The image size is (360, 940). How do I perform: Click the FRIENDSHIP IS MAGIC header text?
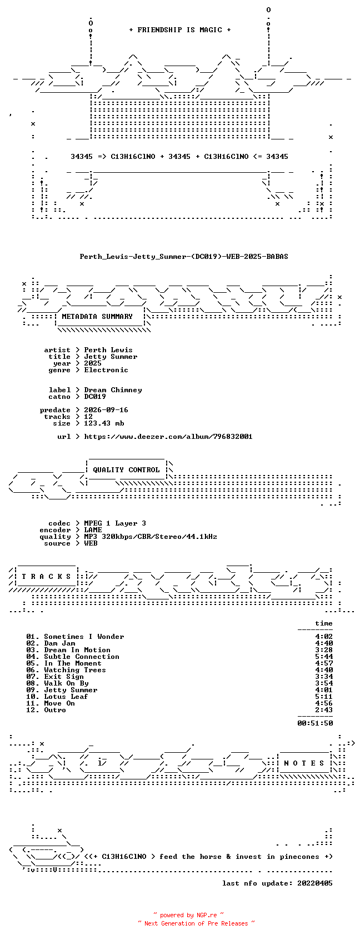tap(180, 30)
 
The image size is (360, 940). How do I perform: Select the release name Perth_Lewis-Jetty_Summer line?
tap(184, 257)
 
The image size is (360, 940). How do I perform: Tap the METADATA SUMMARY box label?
tap(97, 317)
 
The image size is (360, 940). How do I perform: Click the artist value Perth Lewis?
tap(108, 349)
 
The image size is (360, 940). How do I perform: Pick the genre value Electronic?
tap(106, 369)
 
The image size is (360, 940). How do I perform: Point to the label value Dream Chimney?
tap(113, 390)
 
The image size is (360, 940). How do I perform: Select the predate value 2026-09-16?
tap(106, 409)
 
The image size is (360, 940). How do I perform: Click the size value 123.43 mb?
tap(104, 423)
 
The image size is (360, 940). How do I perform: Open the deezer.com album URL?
tap(168, 437)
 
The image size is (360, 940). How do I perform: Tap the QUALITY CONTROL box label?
tap(126, 470)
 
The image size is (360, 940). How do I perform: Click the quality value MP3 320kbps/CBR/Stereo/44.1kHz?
tap(151, 536)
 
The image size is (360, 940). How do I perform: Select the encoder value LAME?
tap(93, 529)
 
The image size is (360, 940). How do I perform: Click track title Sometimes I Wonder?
tap(84, 637)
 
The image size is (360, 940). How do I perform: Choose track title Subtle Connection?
tap(82, 657)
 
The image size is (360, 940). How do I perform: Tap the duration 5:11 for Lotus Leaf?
tap(324, 697)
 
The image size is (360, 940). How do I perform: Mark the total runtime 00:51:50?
tap(315, 723)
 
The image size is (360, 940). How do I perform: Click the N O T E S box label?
tap(304, 763)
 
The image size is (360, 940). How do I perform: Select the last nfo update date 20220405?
tap(315, 883)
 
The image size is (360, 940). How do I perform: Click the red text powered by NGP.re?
tap(188, 915)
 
